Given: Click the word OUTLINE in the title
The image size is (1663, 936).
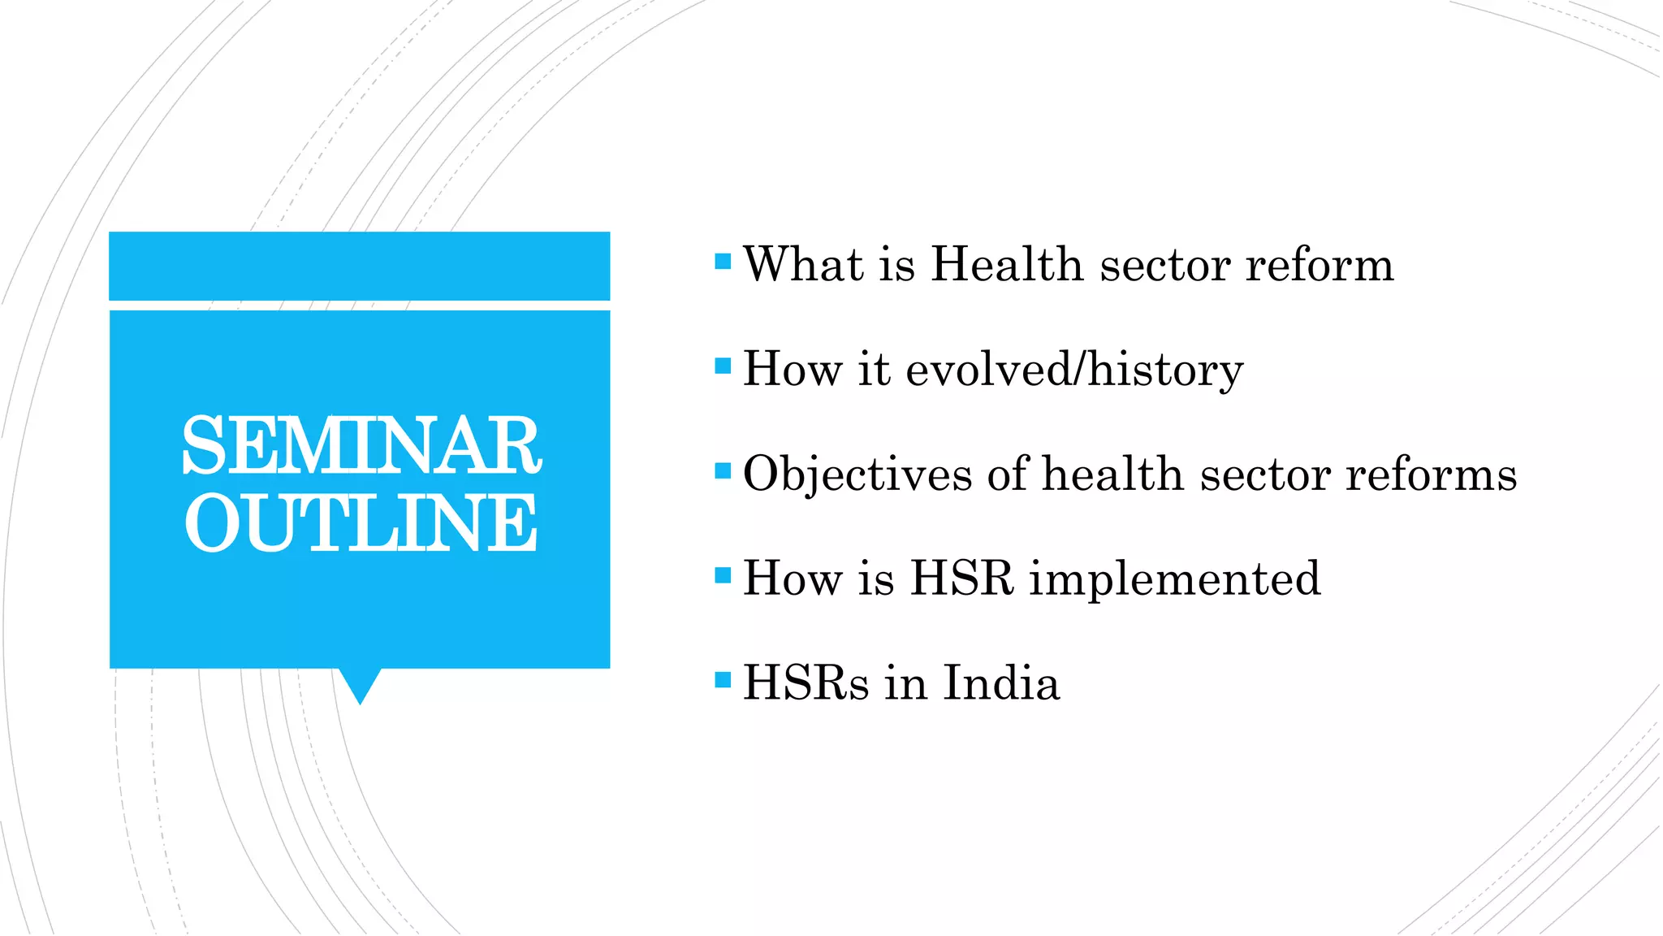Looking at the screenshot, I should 361,523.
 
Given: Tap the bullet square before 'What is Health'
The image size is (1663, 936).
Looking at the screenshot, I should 723,262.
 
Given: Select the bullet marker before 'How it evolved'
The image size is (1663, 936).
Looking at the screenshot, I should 723,366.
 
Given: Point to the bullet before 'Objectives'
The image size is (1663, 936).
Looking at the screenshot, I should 723,471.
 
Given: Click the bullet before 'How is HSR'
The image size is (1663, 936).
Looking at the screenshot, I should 723,575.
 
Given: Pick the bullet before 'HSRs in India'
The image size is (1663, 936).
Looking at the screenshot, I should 723,679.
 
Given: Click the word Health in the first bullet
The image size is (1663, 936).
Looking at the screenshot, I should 1007,265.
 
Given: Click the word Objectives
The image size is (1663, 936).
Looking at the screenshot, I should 857,474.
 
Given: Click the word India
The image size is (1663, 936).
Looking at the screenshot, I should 1001,682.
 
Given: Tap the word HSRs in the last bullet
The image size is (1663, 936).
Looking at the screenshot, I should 806,682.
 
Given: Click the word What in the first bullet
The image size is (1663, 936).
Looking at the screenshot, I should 804,265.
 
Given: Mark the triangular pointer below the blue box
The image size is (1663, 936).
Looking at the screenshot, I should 360,683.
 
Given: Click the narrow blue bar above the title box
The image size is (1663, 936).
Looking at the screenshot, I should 360,266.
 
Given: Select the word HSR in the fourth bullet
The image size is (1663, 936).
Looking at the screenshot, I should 962,578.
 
